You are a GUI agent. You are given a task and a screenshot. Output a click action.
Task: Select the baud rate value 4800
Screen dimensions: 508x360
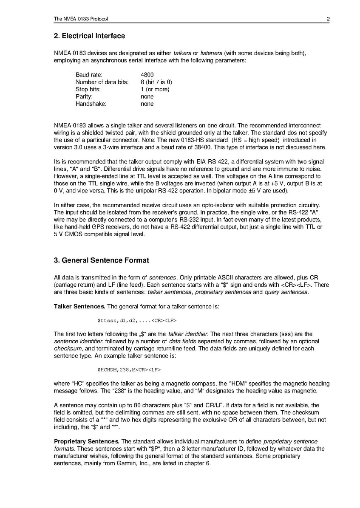[x=147, y=75]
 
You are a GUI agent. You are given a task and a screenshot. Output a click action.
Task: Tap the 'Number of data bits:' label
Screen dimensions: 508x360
[x=102, y=82]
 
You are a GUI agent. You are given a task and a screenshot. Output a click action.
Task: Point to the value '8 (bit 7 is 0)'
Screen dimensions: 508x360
[x=156, y=82]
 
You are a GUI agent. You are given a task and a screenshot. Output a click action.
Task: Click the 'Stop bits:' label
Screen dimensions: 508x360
[x=88, y=89]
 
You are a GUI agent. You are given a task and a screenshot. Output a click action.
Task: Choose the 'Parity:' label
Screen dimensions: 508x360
[x=84, y=96]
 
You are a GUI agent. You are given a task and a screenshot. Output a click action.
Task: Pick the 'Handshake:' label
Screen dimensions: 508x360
[x=91, y=104]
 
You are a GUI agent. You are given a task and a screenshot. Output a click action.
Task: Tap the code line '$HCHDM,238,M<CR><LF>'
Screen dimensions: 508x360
[x=129, y=370]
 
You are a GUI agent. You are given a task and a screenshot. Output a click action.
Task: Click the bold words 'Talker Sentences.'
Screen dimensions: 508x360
[x=79, y=306]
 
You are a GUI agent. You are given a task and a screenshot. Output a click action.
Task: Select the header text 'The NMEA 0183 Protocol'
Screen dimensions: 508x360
[x=81, y=19]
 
